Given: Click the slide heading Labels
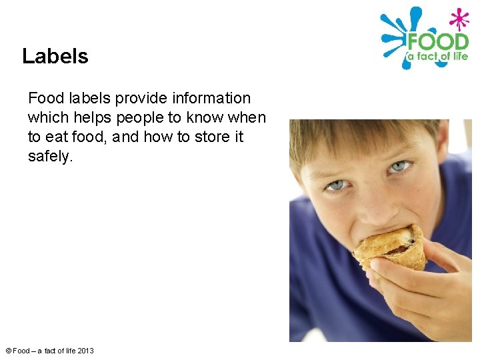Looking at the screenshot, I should pos(55,56).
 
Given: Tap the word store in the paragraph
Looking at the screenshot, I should pos(193,137).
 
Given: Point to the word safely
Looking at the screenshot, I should pos(49,157).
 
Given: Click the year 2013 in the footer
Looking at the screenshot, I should pos(85,351).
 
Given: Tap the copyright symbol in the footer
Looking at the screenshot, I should pos(8,351).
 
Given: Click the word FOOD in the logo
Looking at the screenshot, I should pos(437,41).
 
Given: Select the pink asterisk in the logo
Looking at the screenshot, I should pos(459,18).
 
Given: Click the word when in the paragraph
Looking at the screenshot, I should pos(247,118).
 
